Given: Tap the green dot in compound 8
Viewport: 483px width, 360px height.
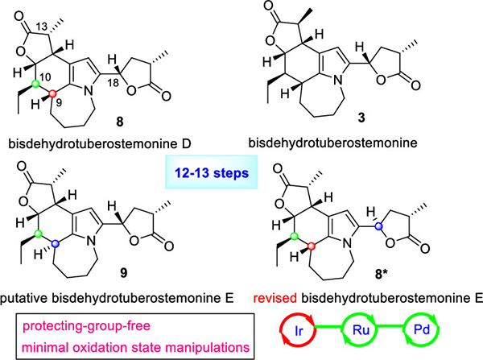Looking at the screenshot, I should [34, 83].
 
